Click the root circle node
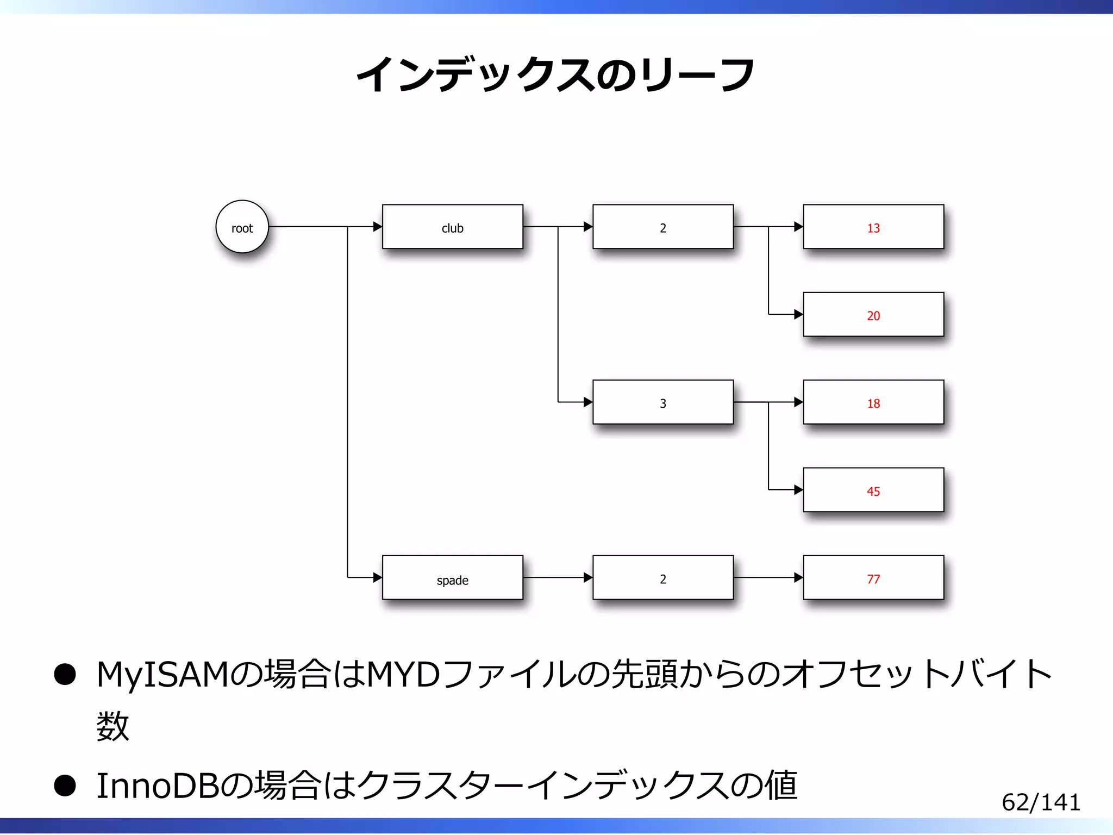(242, 227)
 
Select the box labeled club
(452, 227)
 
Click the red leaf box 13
(873, 227)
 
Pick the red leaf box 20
(873, 314)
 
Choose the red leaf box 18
(873, 402)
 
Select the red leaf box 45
(873, 490)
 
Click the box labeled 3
(663, 402)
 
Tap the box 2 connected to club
(663, 227)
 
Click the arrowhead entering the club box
(378, 227)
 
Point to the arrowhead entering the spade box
(378, 577)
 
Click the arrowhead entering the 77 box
(798, 577)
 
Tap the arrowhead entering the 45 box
(798, 490)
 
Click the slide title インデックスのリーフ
(555, 74)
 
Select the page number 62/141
(1041, 802)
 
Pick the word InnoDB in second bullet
(158, 786)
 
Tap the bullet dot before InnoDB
(65, 786)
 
